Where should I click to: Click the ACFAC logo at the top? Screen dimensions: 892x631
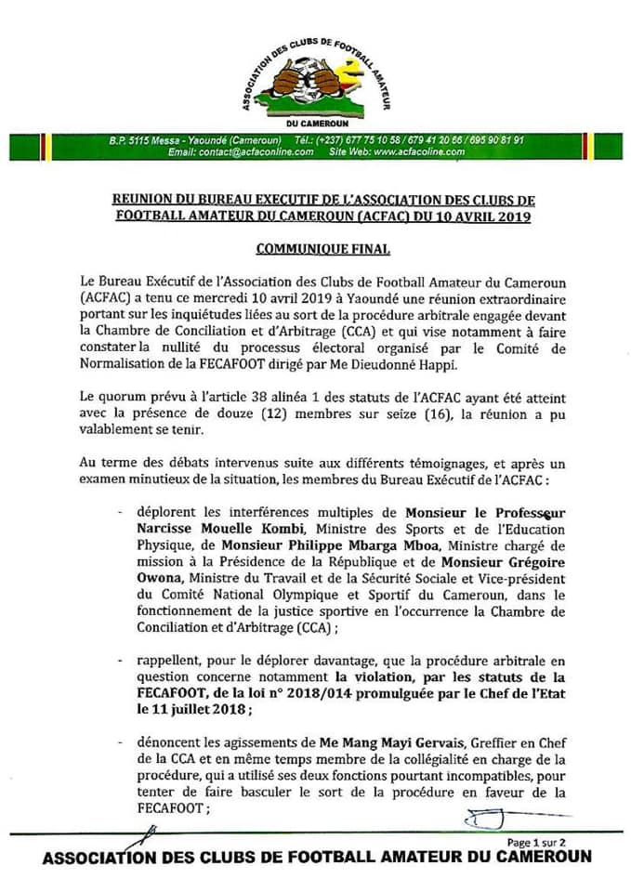315,79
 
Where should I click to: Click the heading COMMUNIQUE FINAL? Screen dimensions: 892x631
315,248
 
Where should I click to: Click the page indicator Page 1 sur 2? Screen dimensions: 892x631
536,842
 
